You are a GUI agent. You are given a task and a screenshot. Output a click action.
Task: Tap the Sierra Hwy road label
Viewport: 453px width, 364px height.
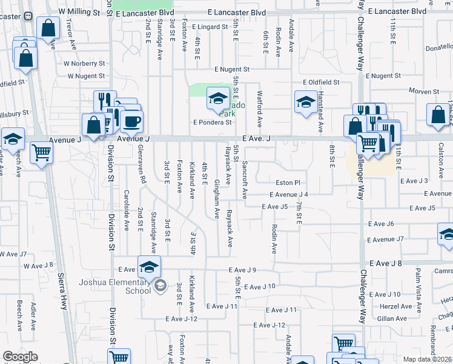point(64,292)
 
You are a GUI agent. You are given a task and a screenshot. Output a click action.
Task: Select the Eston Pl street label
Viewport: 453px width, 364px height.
point(288,182)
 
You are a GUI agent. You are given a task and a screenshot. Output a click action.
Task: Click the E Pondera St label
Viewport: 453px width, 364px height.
point(213,122)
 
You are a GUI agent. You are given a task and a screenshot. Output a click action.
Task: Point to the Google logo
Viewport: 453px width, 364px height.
point(20,357)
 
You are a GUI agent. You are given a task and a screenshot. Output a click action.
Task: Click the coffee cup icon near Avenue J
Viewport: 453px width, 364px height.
point(130,121)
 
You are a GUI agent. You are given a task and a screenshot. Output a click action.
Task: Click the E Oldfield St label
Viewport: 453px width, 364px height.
point(323,82)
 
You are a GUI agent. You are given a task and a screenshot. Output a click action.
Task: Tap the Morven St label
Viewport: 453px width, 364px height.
point(424,92)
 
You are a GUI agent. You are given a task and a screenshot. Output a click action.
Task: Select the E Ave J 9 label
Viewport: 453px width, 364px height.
point(243,270)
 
